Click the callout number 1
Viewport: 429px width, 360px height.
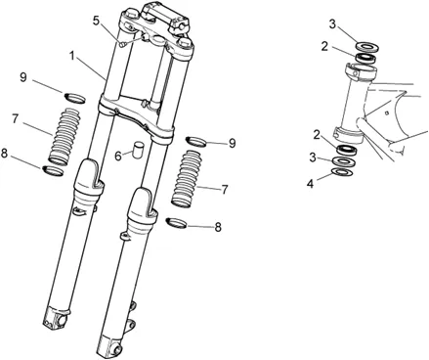pos(73,56)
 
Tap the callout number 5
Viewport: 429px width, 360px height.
pos(96,21)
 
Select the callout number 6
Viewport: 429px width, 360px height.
pos(118,156)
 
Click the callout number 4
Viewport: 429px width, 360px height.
pos(310,184)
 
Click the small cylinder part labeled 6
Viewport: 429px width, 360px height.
pos(138,149)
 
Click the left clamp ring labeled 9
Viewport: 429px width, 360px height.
pos(74,98)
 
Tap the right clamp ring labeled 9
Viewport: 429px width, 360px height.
pos(196,142)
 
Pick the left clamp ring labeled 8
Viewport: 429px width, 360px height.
pos(53,171)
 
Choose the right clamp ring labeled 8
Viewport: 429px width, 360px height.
pos(176,223)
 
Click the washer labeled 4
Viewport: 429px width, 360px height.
pos(342,171)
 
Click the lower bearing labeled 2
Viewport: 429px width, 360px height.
pos(348,151)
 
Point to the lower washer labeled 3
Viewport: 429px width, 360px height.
pos(344,161)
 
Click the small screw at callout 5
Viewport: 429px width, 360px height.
pos(122,44)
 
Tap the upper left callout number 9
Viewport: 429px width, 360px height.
pos(23,77)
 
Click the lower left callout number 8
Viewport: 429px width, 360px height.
pos(4,154)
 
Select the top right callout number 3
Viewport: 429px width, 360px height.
pos(332,24)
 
